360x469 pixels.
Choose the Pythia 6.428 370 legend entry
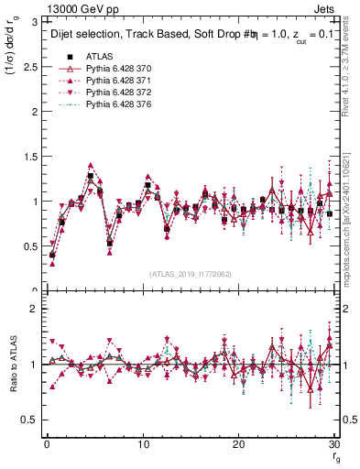click(x=116, y=69)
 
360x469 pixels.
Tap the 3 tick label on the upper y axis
click(x=34, y=22)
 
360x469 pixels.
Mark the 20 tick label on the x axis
click(x=238, y=444)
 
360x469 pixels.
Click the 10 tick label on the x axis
click(x=142, y=444)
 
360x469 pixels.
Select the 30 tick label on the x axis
click(x=333, y=444)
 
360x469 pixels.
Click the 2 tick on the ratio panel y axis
click(x=34, y=309)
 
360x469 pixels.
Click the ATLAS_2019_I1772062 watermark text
click(x=190, y=275)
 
